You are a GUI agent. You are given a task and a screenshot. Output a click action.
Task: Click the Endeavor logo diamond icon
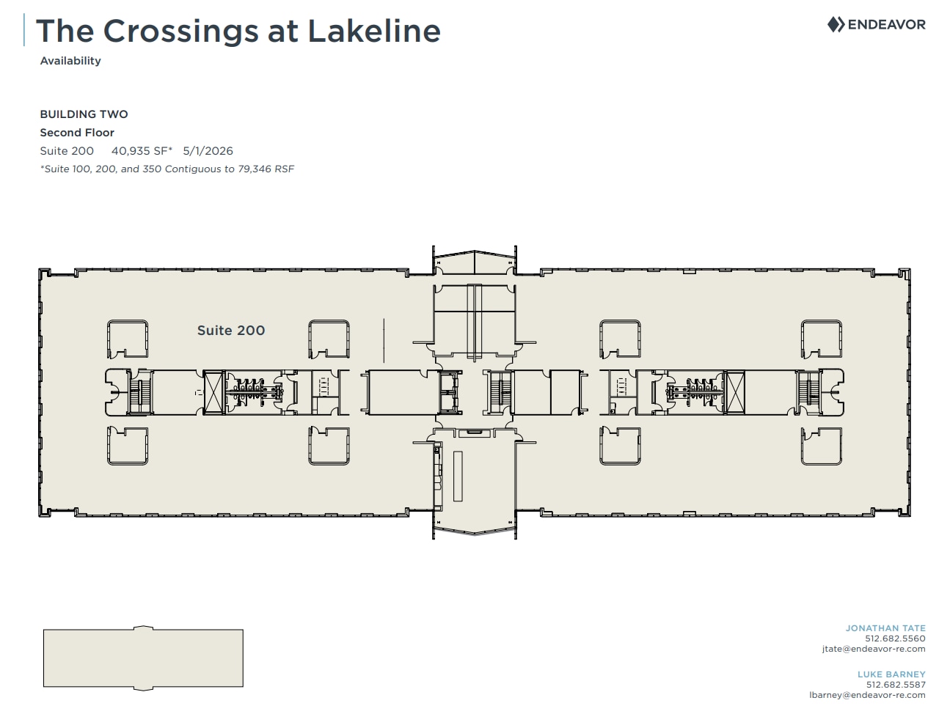(x=836, y=25)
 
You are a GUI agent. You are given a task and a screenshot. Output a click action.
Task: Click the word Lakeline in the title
(x=374, y=31)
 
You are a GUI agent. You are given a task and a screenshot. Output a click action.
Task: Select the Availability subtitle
(x=70, y=61)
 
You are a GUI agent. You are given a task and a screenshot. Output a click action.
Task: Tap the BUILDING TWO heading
(x=84, y=114)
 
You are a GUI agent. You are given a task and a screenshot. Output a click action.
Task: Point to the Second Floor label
(x=77, y=132)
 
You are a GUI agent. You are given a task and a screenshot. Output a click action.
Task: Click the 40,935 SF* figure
(x=142, y=151)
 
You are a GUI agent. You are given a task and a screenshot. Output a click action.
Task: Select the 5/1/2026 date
(x=208, y=151)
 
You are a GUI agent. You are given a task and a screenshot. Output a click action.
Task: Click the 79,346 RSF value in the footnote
(x=266, y=169)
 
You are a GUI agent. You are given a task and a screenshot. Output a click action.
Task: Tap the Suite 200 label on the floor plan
(x=231, y=331)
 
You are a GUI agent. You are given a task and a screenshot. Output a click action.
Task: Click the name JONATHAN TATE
(x=885, y=628)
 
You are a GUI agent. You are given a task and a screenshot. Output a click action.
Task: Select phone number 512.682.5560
(x=895, y=638)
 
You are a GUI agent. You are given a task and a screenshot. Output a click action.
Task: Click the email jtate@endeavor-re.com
(x=874, y=649)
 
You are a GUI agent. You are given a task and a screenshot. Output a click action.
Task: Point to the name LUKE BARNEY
(x=891, y=674)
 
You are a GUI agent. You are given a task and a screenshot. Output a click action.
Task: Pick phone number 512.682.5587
(x=896, y=685)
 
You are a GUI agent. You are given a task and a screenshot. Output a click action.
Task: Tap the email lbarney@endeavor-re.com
(x=867, y=695)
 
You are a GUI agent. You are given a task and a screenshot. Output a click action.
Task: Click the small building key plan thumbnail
(x=143, y=658)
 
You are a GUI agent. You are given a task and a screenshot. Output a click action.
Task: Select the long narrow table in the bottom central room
(x=458, y=476)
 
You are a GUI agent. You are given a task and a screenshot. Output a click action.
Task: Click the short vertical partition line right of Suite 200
(x=384, y=341)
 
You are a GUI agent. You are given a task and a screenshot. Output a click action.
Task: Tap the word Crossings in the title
(x=181, y=31)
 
